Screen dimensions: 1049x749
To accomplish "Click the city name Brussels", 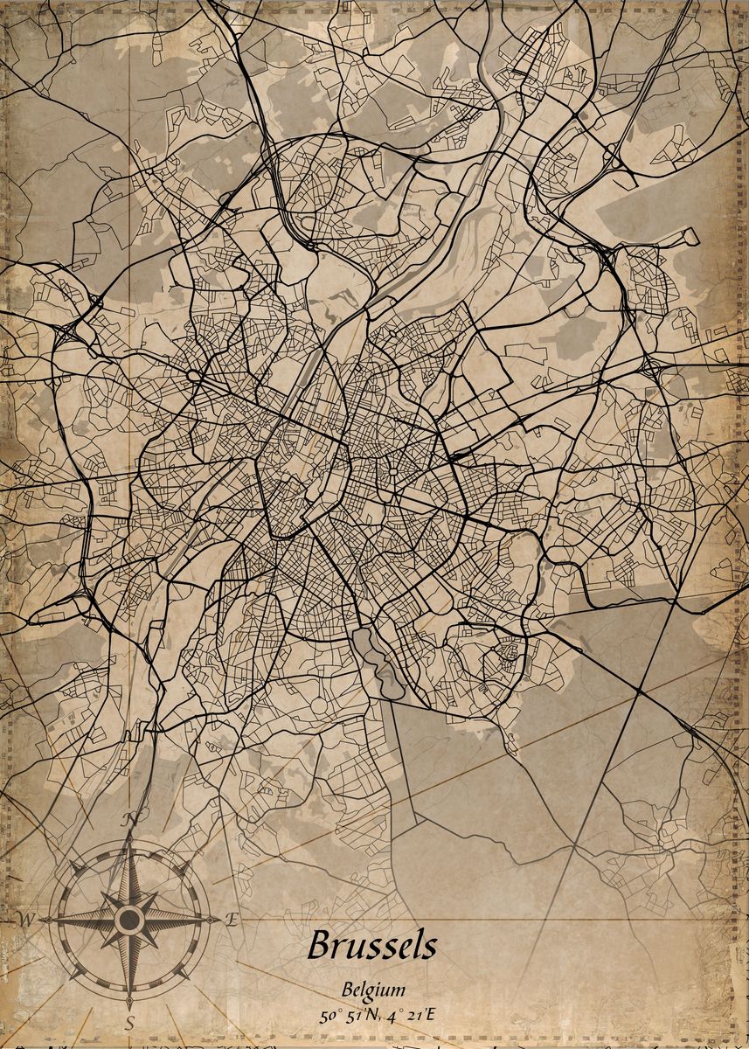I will coord(371,945).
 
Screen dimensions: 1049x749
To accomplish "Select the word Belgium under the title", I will coord(374,990).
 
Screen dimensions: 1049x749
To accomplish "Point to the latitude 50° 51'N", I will coord(348,1016).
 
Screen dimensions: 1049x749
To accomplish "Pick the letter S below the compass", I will coord(129,1022).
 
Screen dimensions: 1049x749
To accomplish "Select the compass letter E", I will coord(232,919).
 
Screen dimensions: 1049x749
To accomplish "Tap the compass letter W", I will coord(26,920).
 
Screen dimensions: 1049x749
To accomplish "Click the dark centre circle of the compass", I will coord(129,920).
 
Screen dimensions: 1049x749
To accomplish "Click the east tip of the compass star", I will coord(210,920).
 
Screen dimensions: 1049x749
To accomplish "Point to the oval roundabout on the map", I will coord(192,376).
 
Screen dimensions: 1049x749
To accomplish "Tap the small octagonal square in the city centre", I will coord(392,471).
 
